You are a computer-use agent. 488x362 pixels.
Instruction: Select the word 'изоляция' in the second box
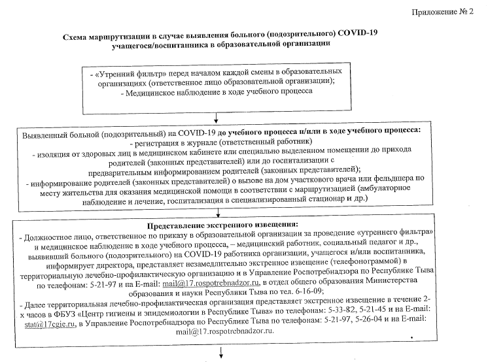pos(54,153)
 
